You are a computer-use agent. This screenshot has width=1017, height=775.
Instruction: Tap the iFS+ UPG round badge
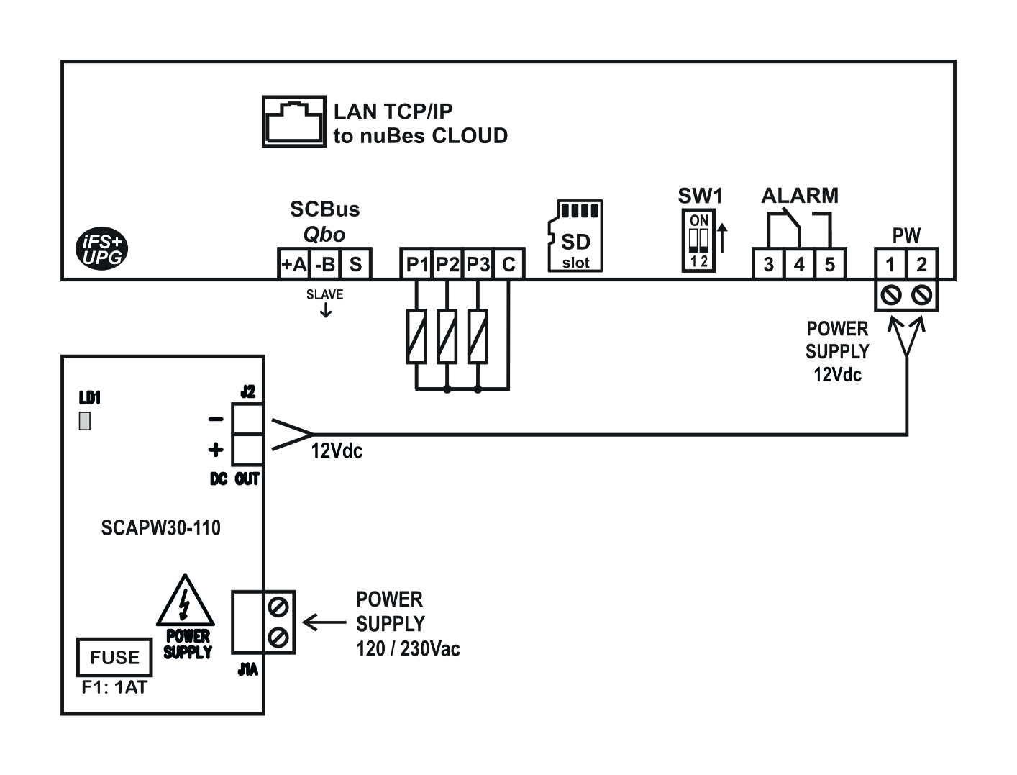(x=101, y=250)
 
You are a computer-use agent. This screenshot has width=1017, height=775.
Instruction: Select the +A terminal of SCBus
(x=293, y=265)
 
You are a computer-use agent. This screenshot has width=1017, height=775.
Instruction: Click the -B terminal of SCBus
(x=324, y=265)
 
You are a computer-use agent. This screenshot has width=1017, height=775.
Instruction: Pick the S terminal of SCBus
(x=355, y=265)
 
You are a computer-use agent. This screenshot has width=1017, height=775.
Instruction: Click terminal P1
(x=416, y=265)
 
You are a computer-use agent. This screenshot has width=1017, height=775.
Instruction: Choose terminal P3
(x=478, y=265)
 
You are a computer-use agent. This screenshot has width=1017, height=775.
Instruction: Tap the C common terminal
(x=508, y=265)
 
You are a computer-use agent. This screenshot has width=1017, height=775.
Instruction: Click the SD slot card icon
(x=575, y=236)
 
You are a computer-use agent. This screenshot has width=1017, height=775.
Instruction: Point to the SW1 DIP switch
(x=699, y=240)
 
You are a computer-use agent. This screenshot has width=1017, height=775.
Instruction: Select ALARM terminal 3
(x=769, y=265)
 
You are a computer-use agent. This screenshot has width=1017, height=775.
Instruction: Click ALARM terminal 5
(x=830, y=265)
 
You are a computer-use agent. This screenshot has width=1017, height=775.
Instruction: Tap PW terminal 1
(x=890, y=265)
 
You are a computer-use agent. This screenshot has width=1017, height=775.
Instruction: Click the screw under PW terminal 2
(x=922, y=295)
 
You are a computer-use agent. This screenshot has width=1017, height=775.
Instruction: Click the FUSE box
(x=114, y=657)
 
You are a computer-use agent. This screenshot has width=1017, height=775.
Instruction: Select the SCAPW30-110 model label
(x=160, y=528)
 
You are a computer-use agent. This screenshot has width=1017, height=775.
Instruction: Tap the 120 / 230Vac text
(x=408, y=649)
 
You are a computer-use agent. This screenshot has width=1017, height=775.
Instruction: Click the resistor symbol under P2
(x=447, y=335)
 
